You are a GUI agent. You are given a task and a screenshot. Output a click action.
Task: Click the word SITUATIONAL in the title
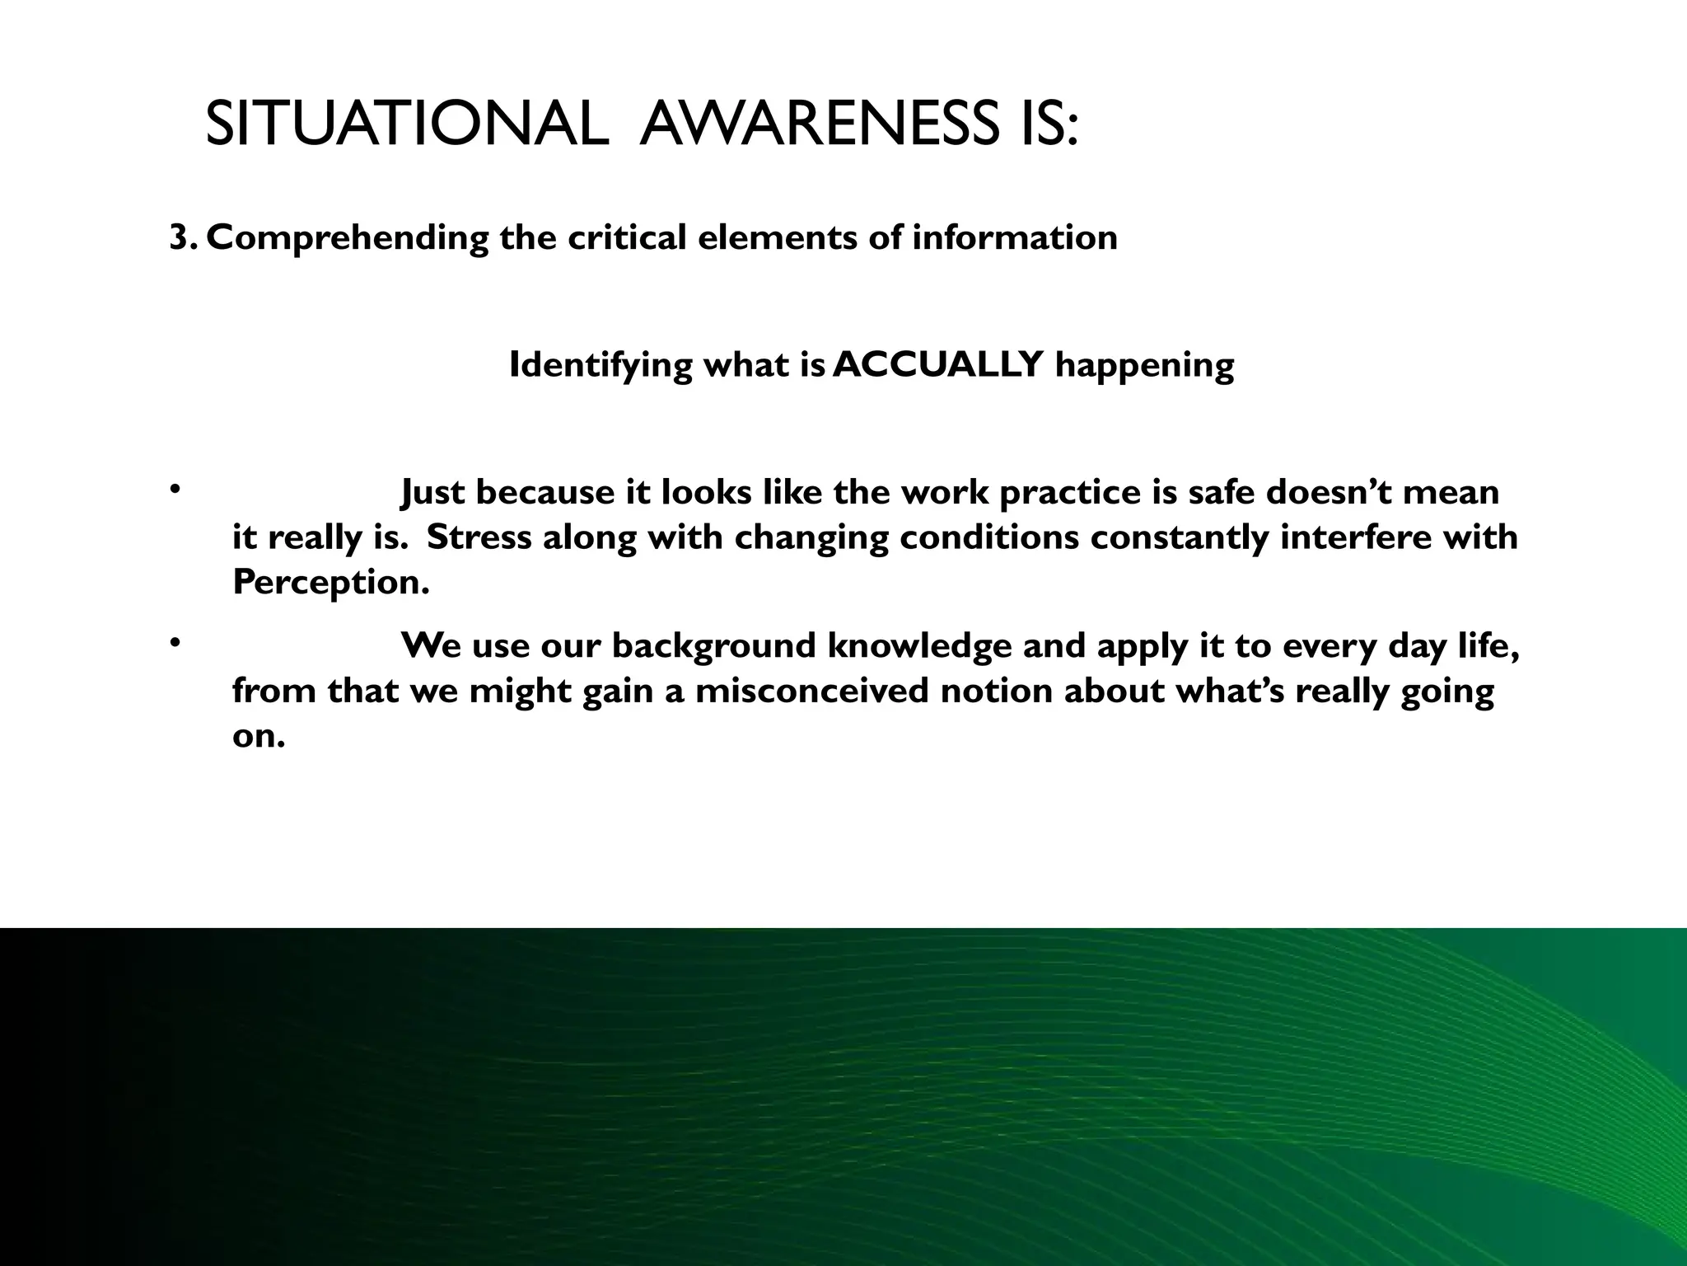coord(406,126)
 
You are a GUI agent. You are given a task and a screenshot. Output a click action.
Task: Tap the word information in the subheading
coord(1014,238)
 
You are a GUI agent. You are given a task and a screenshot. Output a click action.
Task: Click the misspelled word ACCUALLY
coord(938,364)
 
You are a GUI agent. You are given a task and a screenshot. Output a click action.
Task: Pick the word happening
coord(1144,365)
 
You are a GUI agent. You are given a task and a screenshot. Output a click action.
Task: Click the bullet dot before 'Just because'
coord(175,490)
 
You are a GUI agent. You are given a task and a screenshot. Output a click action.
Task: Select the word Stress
coord(479,537)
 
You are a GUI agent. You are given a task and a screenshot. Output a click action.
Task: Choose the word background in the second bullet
coord(713,645)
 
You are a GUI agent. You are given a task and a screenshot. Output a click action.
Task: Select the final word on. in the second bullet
coord(259,735)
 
